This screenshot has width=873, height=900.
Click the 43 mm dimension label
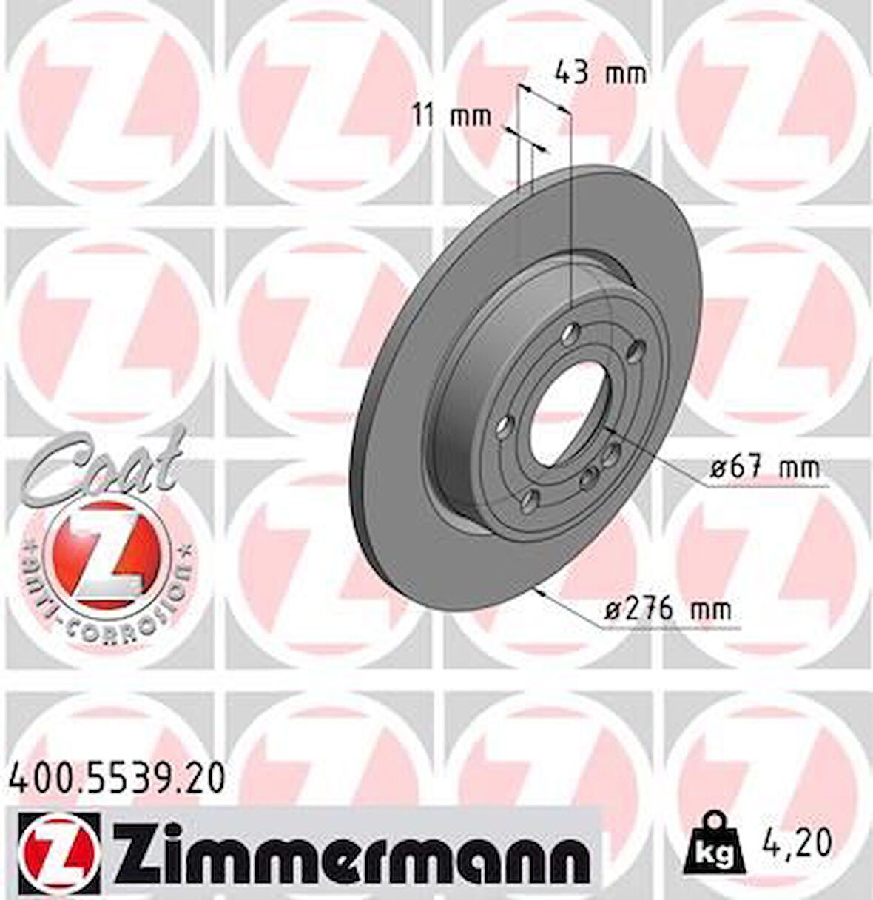point(600,73)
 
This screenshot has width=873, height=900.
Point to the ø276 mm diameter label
point(668,610)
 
